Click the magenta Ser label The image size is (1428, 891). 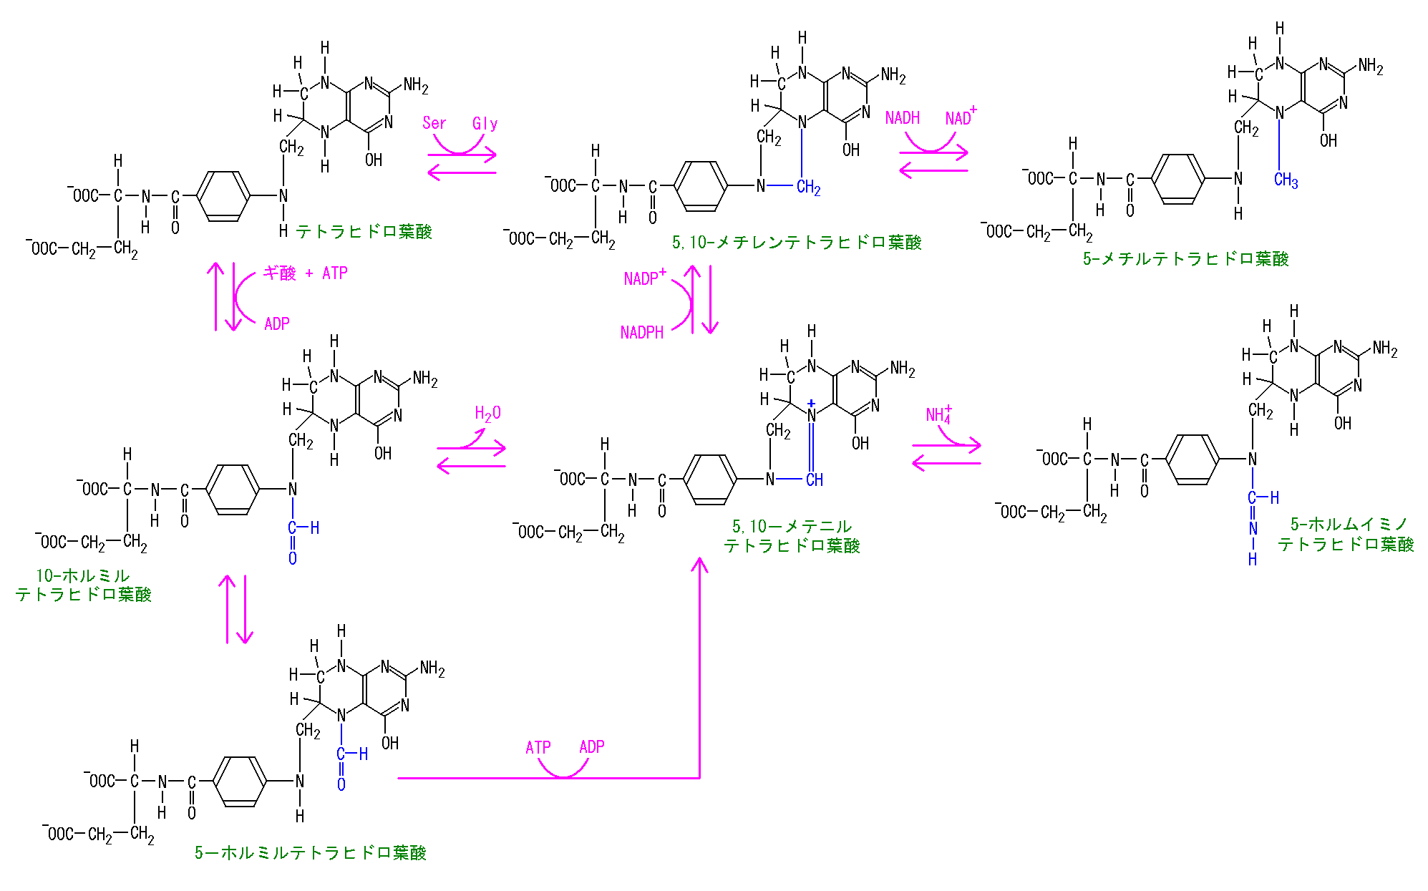click(434, 123)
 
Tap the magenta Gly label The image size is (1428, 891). click(485, 124)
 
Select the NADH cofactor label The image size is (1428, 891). click(902, 118)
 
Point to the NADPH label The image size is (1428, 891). click(641, 333)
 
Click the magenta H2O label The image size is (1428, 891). click(487, 414)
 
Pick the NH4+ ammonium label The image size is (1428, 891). click(938, 414)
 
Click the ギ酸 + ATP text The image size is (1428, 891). click(305, 273)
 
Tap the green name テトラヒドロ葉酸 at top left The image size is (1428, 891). click(364, 232)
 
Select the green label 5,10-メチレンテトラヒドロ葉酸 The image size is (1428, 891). click(796, 243)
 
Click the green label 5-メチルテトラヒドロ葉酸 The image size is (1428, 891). click(1185, 259)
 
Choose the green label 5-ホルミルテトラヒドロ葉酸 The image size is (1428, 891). click(310, 853)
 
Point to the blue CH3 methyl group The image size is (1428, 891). click(1286, 180)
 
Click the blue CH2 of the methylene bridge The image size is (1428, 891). click(808, 188)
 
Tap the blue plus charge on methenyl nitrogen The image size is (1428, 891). click(811, 404)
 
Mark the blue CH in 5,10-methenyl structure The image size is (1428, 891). click(814, 480)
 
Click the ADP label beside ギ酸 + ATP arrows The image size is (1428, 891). click(276, 324)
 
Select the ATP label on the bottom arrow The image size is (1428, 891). click(538, 748)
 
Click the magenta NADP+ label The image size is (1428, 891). click(645, 278)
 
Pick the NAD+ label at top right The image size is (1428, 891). click(960, 117)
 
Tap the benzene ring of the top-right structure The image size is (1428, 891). click(1178, 179)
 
